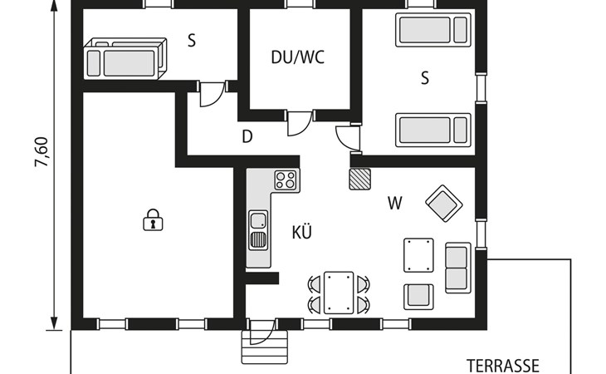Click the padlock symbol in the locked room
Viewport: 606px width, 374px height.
click(x=153, y=220)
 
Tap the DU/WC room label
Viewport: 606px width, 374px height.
click(x=297, y=57)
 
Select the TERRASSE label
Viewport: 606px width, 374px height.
click(x=502, y=366)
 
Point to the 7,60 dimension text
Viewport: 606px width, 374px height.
click(x=42, y=152)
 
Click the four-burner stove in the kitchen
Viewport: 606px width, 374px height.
click(x=286, y=180)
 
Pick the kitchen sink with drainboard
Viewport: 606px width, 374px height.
click(x=258, y=230)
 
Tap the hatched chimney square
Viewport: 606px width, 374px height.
click(x=359, y=179)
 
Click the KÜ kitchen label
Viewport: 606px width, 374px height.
click(x=302, y=233)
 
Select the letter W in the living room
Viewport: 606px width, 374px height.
click(x=394, y=203)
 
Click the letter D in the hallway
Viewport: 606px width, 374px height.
click(x=247, y=137)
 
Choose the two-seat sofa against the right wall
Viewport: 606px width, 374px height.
click(x=458, y=268)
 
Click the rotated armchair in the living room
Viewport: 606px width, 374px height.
click(x=444, y=204)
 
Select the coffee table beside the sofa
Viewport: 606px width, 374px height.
click(x=418, y=255)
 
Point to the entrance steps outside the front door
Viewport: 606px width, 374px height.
click(x=265, y=347)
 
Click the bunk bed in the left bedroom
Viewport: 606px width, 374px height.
click(x=125, y=58)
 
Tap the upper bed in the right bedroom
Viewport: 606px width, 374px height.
click(x=433, y=30)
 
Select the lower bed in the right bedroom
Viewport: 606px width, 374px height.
click(x=433, y=130)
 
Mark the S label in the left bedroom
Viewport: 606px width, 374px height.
click(x=192, y=41)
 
